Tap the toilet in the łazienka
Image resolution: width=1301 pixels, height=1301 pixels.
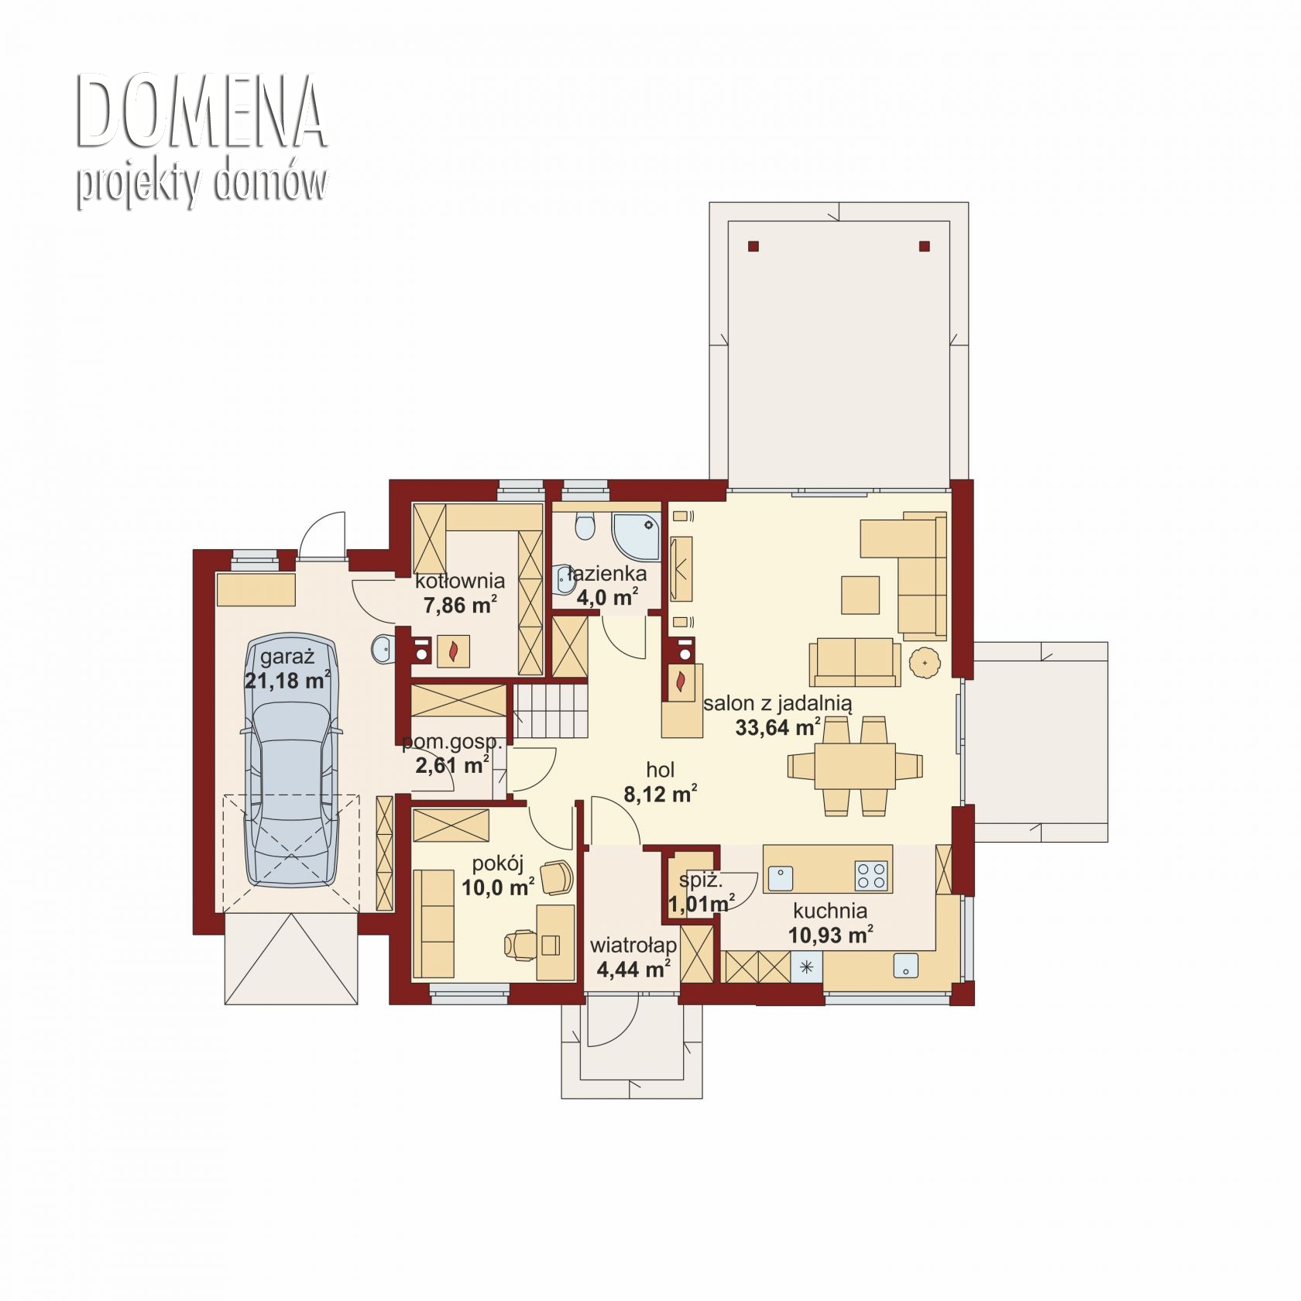(585, 526)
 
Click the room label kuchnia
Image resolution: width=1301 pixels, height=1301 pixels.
(830, 911)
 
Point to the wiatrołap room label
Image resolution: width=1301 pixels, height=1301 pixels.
(633, 946)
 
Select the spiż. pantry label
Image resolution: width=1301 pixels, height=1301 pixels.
(701, 880)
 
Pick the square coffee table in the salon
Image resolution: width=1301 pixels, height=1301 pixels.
(860, 595)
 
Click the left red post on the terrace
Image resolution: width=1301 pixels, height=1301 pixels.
(753, 247)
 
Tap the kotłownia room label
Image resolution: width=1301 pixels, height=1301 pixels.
(460, 581)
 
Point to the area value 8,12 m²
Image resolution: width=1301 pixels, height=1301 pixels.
(660, 794)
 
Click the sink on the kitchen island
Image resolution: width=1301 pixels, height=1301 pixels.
(780, 878)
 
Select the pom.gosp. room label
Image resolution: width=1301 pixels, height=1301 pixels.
(452, 743)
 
